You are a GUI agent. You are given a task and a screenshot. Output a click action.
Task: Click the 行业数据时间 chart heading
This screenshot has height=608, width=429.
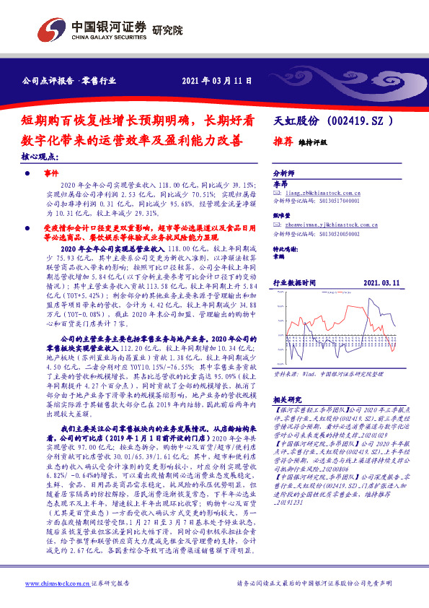pyautogui.click(x=294, y=284)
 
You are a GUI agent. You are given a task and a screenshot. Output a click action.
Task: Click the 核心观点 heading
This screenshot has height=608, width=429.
pyautogui.click(x=42, y=156)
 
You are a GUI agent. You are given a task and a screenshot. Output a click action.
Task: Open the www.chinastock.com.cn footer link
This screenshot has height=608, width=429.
pyautogui.click(x=57, y=583)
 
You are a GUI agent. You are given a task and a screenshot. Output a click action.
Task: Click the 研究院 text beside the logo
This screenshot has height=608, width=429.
pyautogui.click(x=168, y=30)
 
